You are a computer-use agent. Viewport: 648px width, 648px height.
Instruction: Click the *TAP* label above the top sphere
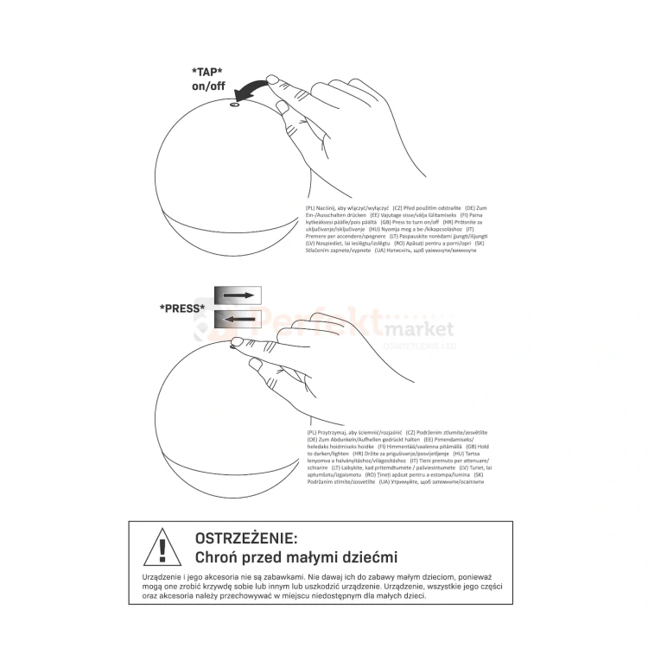click(x=207, y=72)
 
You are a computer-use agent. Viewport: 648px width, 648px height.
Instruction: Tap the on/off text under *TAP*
click(x=207, y=87)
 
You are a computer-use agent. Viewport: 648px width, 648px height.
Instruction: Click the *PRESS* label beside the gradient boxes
click(x=182, y=308)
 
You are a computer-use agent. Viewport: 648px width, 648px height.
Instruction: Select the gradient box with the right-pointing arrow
click(x=236, y=295)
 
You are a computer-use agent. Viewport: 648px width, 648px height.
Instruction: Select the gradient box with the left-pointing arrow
click(x=236, y=319)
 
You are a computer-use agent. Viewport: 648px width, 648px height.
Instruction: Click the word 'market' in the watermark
click(x=419, y=329)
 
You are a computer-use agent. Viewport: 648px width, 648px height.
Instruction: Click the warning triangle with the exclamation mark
click(x=162, y=548)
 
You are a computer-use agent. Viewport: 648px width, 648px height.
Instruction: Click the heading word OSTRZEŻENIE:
click(x=245, y=539)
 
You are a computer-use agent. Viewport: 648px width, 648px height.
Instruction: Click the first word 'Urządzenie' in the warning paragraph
click(x=162, y=575)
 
